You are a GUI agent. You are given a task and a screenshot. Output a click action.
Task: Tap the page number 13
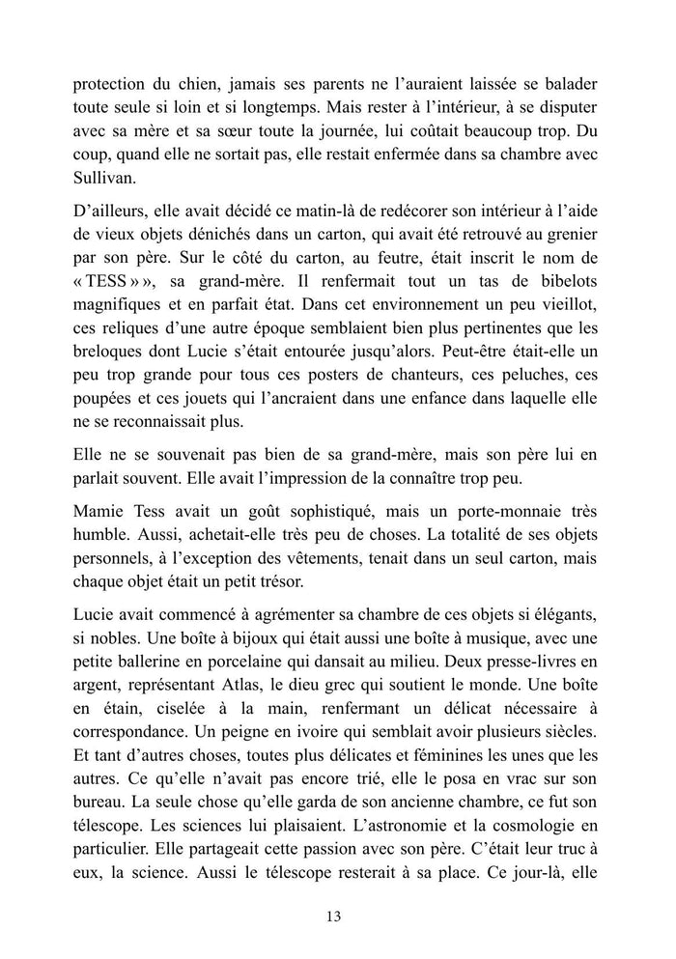point(337,917)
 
